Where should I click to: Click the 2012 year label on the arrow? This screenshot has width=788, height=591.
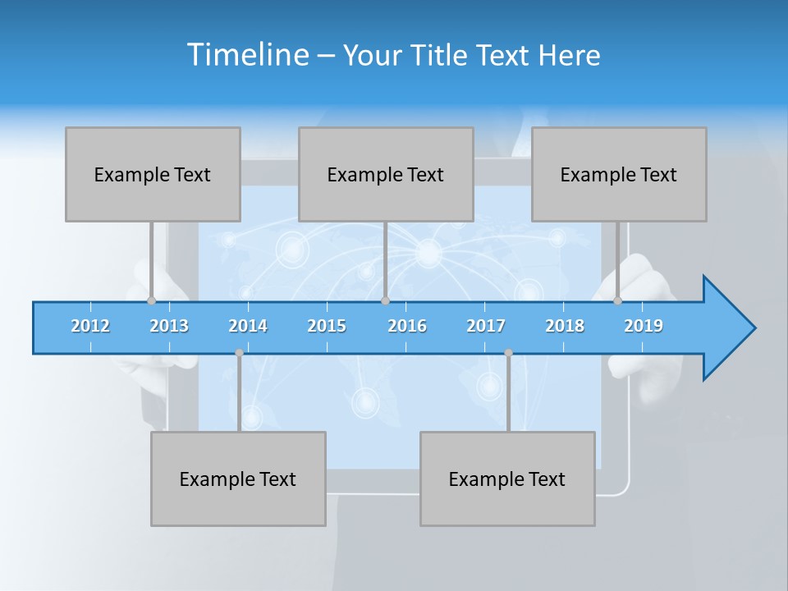[x=90, y=326]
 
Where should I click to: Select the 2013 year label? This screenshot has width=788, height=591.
[x=169, y=326]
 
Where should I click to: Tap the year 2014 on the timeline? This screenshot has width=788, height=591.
[x=248, y=326]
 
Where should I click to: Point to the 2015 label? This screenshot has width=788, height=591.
[x=327, y=326]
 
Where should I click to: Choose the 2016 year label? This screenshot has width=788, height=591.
[x=407, y=326]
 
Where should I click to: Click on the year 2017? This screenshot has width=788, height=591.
[x=486, y=326]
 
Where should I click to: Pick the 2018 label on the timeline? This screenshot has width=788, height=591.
[x=565, y=326]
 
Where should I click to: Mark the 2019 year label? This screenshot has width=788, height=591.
[x=644, y=326]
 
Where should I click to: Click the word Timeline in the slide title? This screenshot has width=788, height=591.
[x=247, y=55]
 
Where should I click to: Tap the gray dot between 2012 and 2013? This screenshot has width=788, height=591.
[x=151, y=301]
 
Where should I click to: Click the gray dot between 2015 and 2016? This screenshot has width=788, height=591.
[x=385, y=301]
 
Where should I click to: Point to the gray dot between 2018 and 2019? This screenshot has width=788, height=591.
[x=618, y=301]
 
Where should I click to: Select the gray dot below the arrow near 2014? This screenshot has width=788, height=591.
[x=239, y=353]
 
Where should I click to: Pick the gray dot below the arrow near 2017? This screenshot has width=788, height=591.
[x=508, y=353]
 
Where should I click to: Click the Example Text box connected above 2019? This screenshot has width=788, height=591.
[x=619, y=174]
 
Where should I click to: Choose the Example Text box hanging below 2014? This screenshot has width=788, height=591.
[x=238, y=479]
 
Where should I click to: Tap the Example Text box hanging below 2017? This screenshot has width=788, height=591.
[x=507, y=479]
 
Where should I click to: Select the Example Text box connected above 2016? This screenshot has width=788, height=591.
[x=386, y=174]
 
